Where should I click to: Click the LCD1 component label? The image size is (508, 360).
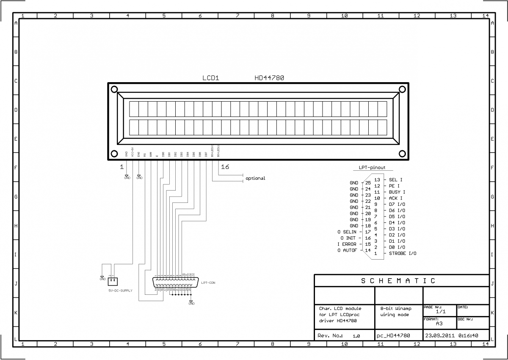pos(210,78)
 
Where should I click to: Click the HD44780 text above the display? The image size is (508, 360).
pos(269,78)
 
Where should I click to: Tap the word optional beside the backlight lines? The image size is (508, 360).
pos(255,178)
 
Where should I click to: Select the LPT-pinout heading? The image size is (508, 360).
pos(372,168)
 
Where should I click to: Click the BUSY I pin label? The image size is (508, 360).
pos(397,192)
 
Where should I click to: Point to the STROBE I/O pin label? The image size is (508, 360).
pos(403,253)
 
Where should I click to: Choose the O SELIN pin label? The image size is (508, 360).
pos(347,232)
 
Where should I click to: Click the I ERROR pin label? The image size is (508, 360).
pos(347,244)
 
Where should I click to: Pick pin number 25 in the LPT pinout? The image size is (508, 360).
pos(367,183)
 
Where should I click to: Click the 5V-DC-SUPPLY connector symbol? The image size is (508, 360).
pos(113,280)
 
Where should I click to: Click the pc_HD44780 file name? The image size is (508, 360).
pos(393,335)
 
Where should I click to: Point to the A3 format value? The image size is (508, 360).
pos(439,323)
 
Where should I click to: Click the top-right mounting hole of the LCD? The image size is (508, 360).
pos(402,89)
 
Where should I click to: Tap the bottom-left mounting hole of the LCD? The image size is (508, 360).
pos(114,154)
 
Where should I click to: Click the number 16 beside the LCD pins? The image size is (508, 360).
pos(225,167)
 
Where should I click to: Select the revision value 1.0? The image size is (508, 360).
pos(356,336)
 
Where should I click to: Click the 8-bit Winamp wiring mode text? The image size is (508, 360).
pos(395,312)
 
